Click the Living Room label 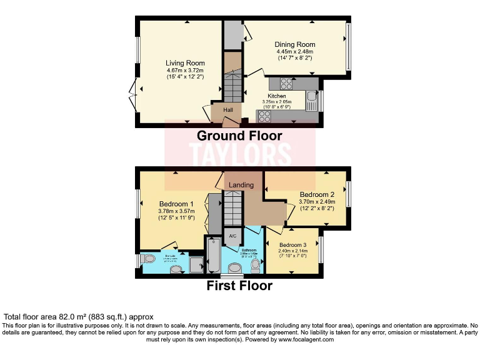tap(185, 63)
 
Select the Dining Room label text tap(294, 45)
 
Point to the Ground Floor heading tap(239, 136)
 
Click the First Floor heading tap(239, 286)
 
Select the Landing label tap(241, 185)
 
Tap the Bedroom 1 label tap(176, 204)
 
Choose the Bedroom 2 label tap(317, 194)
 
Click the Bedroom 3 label tap(292, 244)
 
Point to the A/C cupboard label tap(232, 236)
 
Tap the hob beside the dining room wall tap(287, 82)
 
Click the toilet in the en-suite tap(148, 258)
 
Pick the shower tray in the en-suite tap(196, 264)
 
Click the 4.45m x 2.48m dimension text tap(294, 52)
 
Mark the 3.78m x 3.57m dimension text tap(176, 211)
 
